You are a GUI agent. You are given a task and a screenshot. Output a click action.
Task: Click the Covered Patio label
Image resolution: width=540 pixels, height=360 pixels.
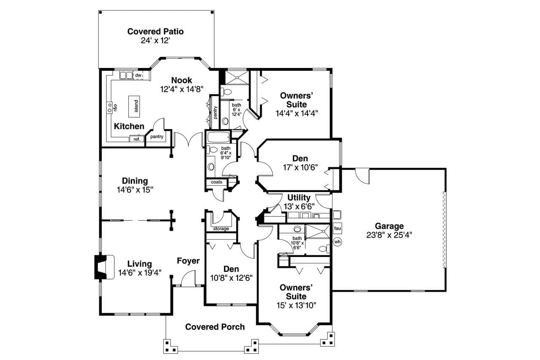click(x=155, y=32)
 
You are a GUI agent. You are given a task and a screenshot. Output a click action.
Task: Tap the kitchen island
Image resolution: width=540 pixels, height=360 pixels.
click(x=136, y=103)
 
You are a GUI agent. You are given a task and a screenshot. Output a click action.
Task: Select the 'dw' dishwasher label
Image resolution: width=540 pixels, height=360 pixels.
click(x=138, y=75)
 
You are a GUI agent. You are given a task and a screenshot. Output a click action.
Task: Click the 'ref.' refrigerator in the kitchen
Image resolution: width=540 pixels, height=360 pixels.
click(x=137, y=139)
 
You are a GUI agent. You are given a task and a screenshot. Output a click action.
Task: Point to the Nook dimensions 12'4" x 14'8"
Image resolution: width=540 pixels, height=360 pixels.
click(x=181, y=89)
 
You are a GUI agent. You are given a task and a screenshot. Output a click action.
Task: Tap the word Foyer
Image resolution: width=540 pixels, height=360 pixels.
click(x=188, y=261)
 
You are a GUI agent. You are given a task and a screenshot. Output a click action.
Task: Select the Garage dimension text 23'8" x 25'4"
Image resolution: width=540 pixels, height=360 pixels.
click(x=389, y=235)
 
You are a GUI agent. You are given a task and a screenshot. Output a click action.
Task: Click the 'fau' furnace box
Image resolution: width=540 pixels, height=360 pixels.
click(x=337, y=228)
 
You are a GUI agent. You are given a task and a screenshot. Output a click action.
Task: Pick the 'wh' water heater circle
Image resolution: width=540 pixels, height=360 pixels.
click(x=337, y=242)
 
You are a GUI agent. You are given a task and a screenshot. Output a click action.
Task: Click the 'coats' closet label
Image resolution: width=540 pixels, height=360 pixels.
click(x=216, y=182)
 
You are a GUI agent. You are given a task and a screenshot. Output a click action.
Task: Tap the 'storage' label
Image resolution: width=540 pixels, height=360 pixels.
click(x=221, y=229)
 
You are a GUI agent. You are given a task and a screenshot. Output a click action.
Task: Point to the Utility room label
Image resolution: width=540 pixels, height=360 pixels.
click(x=299, y=198)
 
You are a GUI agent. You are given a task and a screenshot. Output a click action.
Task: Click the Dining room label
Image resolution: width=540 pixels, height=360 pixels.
click(x=135, y=181)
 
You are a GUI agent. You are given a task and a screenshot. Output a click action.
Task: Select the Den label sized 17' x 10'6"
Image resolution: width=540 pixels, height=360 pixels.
click(x=300, y=159)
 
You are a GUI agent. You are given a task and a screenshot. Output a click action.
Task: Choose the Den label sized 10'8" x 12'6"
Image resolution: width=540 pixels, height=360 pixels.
click(x=231, y=269)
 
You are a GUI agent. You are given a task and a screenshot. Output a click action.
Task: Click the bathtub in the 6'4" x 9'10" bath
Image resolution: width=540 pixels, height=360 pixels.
click(x=218, y=137)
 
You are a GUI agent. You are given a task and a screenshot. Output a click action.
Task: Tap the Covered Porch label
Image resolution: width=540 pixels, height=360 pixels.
click(x=215, y=327)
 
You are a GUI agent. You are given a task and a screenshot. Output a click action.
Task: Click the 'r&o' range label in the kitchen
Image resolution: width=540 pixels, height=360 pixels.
click(x=115, y=108)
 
